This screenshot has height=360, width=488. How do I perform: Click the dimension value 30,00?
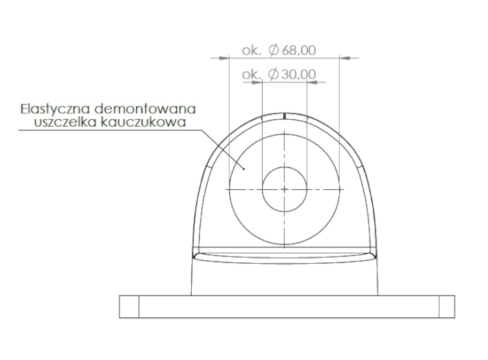pos(298,75)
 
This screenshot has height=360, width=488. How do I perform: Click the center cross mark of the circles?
pos(285,189)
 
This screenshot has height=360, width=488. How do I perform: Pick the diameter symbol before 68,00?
pos(273,51)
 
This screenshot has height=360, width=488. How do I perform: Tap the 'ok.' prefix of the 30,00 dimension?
pos(251,75)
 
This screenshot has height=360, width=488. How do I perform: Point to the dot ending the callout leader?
pos(245,169)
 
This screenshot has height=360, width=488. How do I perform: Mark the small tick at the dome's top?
pos(285,115)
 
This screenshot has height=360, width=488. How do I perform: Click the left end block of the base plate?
pos(129,306)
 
